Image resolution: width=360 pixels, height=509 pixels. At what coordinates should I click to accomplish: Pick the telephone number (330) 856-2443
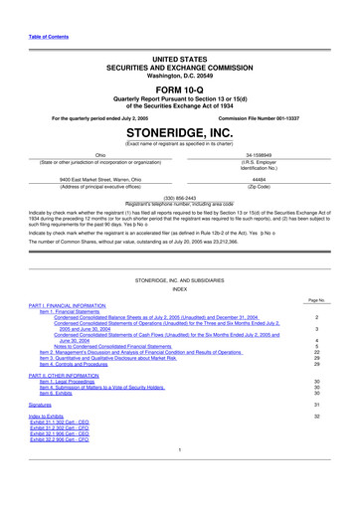[180, 198]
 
